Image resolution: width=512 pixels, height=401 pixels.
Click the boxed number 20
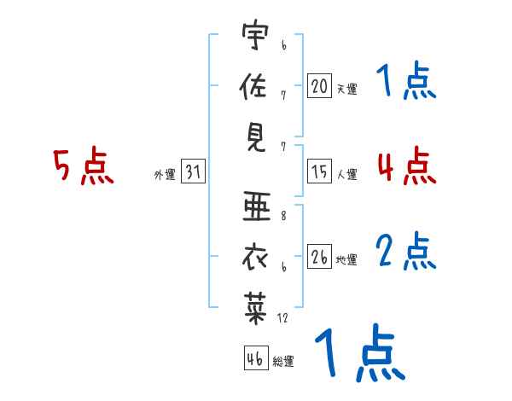[x=319, y=85]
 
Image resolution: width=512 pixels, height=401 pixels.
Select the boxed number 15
[x=319, y=172]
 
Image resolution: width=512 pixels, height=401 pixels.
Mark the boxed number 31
[x=193, y=172]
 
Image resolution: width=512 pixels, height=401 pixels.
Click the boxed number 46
[x=253, y=358]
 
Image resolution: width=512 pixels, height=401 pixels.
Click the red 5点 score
[x=84, y=166]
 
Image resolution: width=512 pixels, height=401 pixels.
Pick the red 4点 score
[x=406, y=166]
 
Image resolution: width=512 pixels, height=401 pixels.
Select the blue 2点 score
[x=406, y=252]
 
